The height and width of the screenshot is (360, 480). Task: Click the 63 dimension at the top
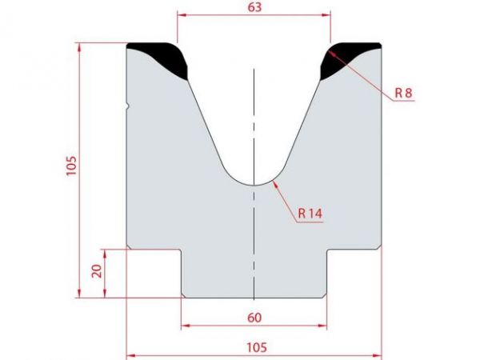(254, 7)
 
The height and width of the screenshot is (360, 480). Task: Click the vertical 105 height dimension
(70, 165)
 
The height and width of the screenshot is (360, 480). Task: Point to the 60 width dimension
(254, 318)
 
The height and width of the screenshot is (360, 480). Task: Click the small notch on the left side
(128, 105)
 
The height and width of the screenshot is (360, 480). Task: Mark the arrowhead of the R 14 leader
(274, 182)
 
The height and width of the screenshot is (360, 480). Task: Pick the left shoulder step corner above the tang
(182, 250)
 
